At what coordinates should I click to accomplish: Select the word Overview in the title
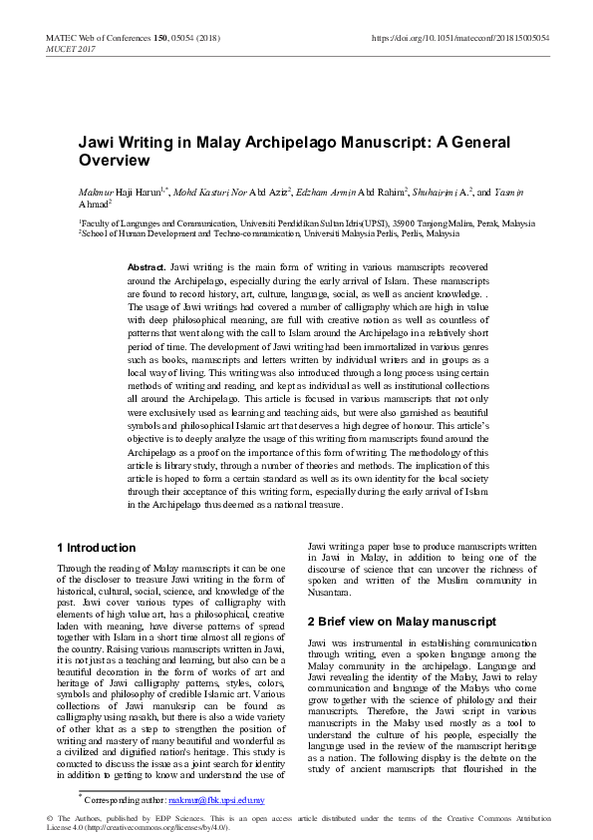tap(115, 160)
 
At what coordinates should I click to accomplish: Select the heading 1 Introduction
tap(97, 548)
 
